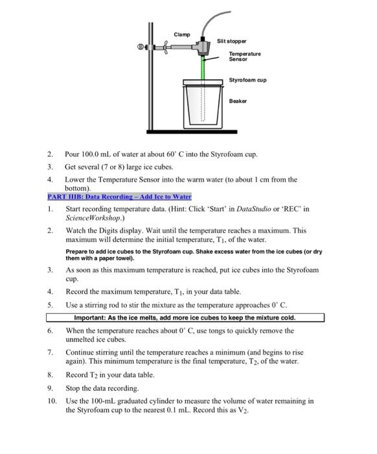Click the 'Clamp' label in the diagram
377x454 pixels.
182,34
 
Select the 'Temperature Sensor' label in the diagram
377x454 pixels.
244,56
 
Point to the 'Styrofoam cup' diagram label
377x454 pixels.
247,80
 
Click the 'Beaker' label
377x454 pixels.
238,101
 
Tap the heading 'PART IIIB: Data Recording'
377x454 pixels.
119,197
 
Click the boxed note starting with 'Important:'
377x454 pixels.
185,318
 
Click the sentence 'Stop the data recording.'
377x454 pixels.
102,388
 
